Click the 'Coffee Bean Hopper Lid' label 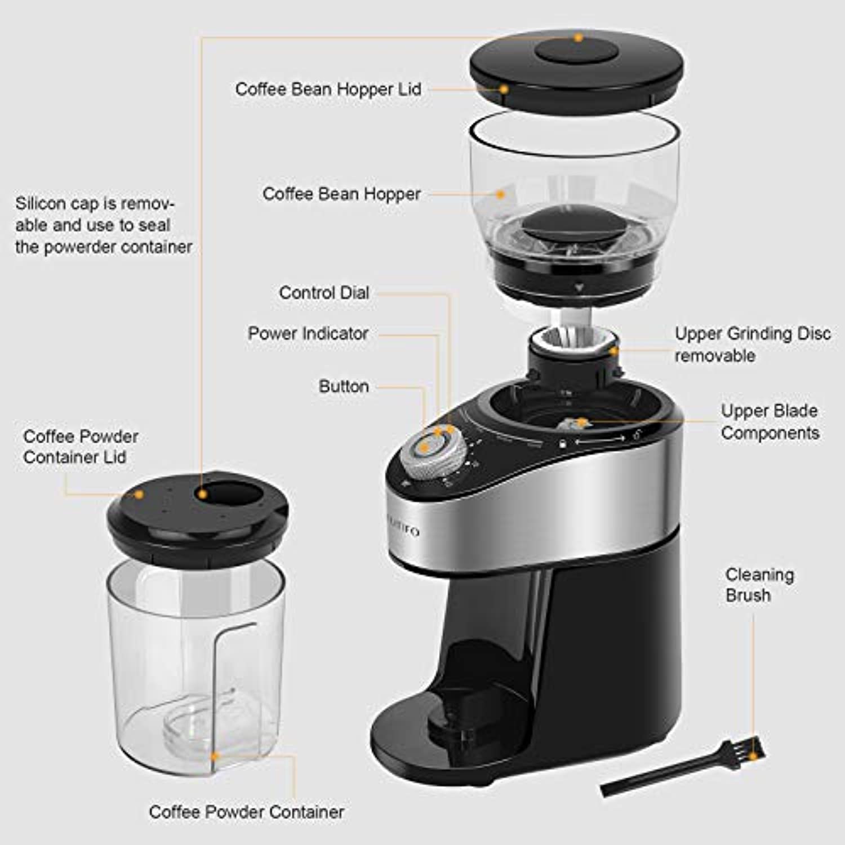click(328, 90)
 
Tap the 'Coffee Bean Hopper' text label click(341, 194)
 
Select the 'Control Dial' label click(324, 293)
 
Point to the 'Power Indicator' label click(308, 333)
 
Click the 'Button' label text click(344, 386)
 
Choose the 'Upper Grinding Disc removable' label click(753, 344)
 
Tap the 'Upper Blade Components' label click(770, 421)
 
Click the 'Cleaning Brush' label click(759, 585)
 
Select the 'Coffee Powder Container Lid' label click(81, 447)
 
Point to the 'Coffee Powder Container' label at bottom click(246, 812)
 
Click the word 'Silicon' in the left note click(39, 203)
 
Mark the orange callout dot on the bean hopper click(500, 194)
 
